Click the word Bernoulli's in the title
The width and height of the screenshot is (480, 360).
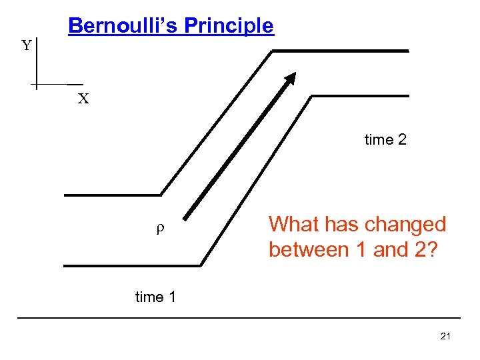[123, 25]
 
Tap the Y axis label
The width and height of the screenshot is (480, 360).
[26, 46]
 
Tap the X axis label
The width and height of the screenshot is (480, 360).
[83, 99]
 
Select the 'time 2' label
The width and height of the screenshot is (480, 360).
[385, 140]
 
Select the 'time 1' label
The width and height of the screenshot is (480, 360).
[155, 297]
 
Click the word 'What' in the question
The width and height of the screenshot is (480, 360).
[292, 224]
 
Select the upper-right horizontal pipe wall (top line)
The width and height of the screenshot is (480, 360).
[341, 51]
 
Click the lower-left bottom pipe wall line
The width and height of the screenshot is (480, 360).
[131, 266]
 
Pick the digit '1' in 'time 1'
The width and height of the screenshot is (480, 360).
[172, 297]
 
